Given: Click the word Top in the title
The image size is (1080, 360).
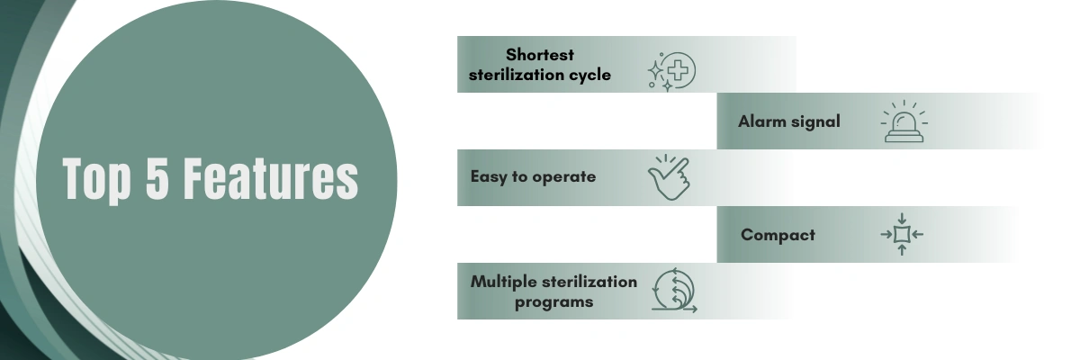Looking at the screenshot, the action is [x=96, y=180].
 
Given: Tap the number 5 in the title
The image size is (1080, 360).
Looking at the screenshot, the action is [x=157, y=177].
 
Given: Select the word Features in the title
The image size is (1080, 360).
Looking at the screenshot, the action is [x=271, y=177].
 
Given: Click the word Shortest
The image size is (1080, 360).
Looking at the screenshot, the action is [x=539, y=55].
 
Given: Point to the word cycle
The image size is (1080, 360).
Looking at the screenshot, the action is [x=589, y=76].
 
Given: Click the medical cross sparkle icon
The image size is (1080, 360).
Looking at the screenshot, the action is [x=671, y=71].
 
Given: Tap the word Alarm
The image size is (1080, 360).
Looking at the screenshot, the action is [x=761, y=121].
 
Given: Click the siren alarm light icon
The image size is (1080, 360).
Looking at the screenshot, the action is [x=904, y=121].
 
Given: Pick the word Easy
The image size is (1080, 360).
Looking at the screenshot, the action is [x=489, y=177].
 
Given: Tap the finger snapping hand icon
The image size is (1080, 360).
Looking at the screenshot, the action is [x=670, y=177].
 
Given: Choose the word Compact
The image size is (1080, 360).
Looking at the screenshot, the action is [x=778, y=235].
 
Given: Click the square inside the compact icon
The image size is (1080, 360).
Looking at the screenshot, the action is [x=902, y=235].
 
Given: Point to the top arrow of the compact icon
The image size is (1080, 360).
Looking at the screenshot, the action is [x=902, y=219].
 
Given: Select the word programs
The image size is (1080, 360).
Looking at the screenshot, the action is [x=554, y=303].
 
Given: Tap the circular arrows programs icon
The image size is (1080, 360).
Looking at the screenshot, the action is [x=674, y=291].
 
